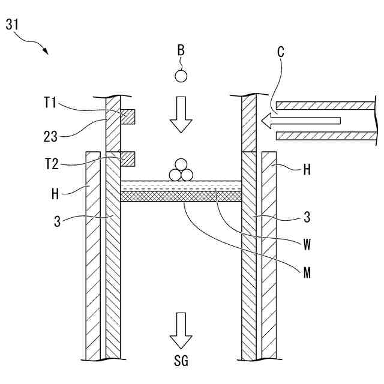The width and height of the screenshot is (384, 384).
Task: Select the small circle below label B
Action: pos(181,76)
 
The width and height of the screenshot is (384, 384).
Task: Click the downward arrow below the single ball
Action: pos(181,116)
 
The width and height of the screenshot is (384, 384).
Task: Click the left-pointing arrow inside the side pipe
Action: pos(300,121)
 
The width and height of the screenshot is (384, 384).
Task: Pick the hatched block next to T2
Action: pos(127,158)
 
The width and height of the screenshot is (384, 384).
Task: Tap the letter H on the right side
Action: pos(307,170)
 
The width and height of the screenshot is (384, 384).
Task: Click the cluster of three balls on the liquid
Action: pos(181,170)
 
